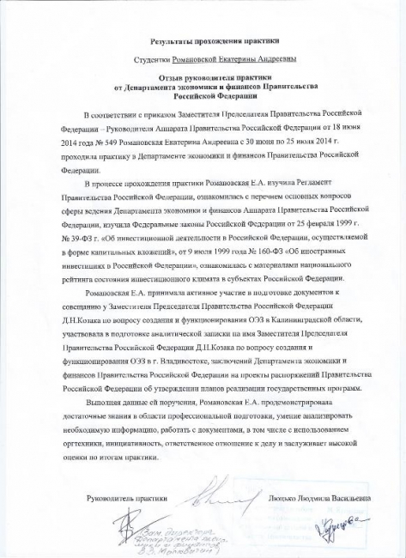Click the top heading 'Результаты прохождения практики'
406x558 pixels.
[x=203, y=40]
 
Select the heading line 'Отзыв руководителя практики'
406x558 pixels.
[x=203, y=79]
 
